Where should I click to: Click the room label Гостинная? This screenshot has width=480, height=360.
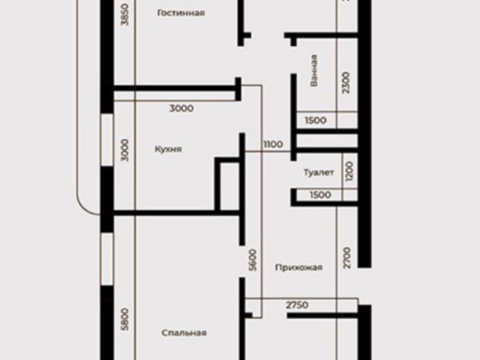coord(181,13)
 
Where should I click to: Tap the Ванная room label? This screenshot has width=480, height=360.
coord(314,70)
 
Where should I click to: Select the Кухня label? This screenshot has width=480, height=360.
coord(168,149)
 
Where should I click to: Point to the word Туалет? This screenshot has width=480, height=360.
coord(318,172)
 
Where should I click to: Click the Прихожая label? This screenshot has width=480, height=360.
coord(299,267)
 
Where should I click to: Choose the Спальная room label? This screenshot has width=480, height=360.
coord(184,333)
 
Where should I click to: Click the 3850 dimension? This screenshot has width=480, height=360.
coord(125,15)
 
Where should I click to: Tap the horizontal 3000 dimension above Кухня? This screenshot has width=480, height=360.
coord(181,108)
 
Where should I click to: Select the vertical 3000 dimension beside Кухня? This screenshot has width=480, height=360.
coord(124,150)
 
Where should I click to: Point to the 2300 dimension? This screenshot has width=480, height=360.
coord(345,82)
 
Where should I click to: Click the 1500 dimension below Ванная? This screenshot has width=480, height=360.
coord(315,120)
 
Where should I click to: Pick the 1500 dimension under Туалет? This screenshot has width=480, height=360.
coord(321,195)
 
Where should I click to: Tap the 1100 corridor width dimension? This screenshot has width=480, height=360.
coord(273,144)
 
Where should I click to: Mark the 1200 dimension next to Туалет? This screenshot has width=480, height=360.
coord(350,171)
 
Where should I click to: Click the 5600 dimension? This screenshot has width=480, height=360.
coord(253,260)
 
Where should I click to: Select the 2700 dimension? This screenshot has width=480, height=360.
coord(347,258)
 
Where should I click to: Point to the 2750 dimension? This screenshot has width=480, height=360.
coord(297,305)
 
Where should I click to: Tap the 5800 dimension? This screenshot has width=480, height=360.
coord(124,319)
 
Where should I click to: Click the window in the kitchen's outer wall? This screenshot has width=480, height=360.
coord(107,141)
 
